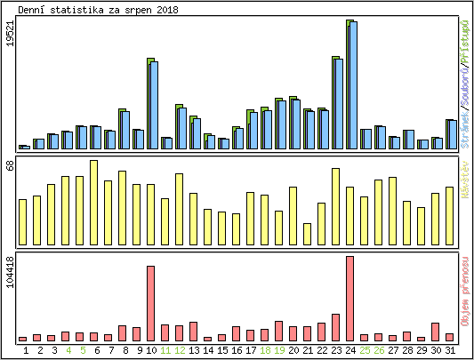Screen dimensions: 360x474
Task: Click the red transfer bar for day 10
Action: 151,303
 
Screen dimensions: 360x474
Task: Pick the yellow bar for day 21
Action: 308,234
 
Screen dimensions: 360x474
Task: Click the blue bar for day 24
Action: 353,85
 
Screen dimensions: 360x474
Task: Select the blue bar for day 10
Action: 153,105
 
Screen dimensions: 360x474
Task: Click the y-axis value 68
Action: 10,166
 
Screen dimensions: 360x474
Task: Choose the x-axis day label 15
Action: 222,350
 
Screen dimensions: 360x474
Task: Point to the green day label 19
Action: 279,350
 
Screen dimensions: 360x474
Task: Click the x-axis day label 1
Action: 26,350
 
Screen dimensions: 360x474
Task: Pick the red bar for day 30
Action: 436,332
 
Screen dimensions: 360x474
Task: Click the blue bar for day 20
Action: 295,124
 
